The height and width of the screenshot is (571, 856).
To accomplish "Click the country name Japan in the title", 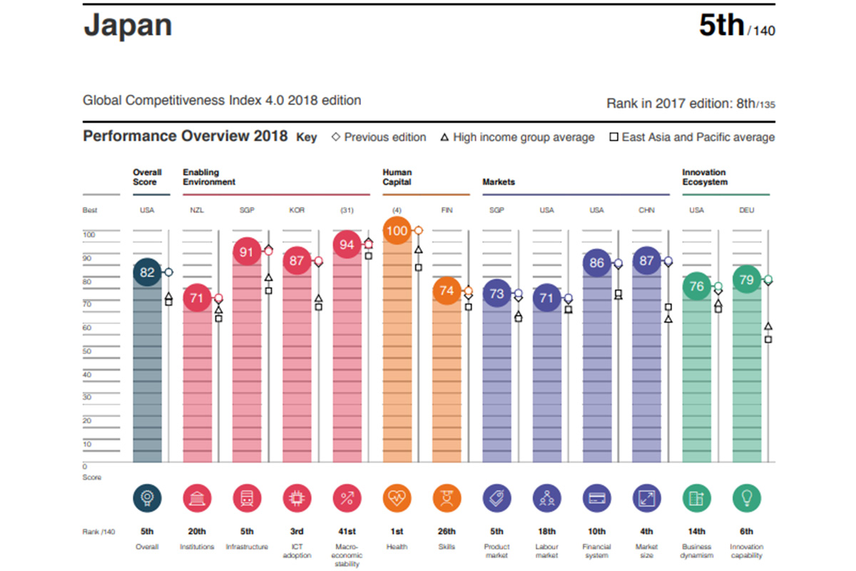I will pyautogui.click(x=128, y=26).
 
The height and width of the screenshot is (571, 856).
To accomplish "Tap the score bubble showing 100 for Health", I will pyautogui.click(x=397, y=231).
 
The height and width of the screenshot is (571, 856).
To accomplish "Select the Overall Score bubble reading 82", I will pyautogui.click(x=148, y=273).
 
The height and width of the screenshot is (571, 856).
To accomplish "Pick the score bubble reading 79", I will pyautogui.click(x=746, y=280).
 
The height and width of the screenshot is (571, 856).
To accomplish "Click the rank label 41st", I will pyautogui.click(x=347, y=532).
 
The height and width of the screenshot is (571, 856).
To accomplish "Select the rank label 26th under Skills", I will pyautogui.click(x=447, y=532).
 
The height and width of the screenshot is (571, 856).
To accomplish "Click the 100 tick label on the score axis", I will pyautogui.click(x=89, y=235).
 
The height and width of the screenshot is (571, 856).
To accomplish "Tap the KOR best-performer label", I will pyautogui.click(x=297, y=211).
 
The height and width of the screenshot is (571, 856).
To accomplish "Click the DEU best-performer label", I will pyautogui.click(x=746, y=211).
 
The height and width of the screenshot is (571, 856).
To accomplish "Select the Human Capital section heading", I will pyautogui.click(x=397, y=177).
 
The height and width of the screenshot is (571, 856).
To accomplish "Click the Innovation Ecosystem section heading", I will pyautogui.click(x=704, y=177).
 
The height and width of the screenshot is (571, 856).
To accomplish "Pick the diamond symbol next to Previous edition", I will pyautogui.click(x=336, y=137).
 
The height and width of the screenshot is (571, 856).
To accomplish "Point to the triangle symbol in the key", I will pyautogui.click(x=444, y=137).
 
